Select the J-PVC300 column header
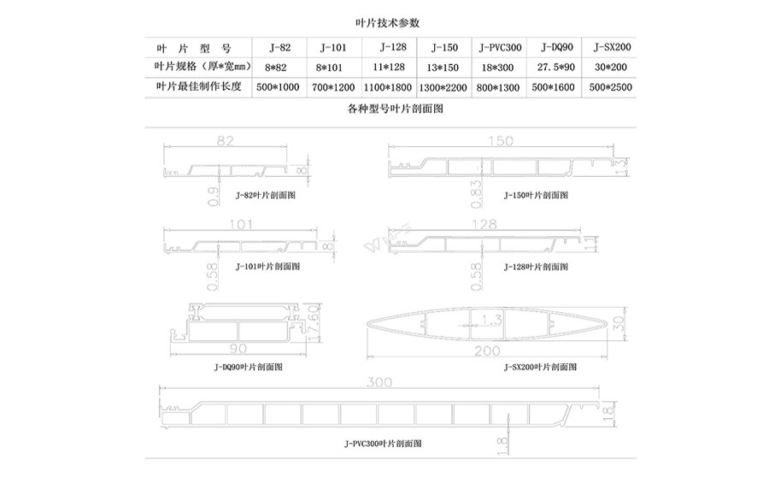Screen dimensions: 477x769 [500, 47]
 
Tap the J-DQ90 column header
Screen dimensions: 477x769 [555, 47]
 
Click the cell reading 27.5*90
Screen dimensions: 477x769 [555, 67]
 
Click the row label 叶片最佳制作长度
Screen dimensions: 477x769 [199, 87]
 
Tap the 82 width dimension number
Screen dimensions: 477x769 [224, 140]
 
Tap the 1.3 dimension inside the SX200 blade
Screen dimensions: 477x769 [490, 320]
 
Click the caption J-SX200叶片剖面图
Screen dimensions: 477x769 [540, 366]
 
